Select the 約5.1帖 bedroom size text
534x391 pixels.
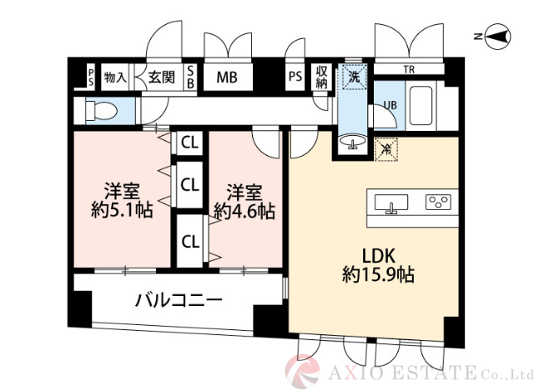pos(121,210)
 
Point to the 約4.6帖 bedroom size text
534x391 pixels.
pos(244,210)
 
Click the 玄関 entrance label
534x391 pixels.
pos(161,78)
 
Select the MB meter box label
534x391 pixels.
pos(227,78)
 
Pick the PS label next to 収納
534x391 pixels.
pos(295,78)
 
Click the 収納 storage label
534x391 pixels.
pos(322,78)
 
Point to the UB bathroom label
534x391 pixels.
pos(389,105)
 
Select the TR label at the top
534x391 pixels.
pos(410,69)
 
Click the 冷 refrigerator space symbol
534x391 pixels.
pos(386,149)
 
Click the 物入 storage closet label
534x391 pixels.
pos(114,78)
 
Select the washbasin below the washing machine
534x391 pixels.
pos(353,143)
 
